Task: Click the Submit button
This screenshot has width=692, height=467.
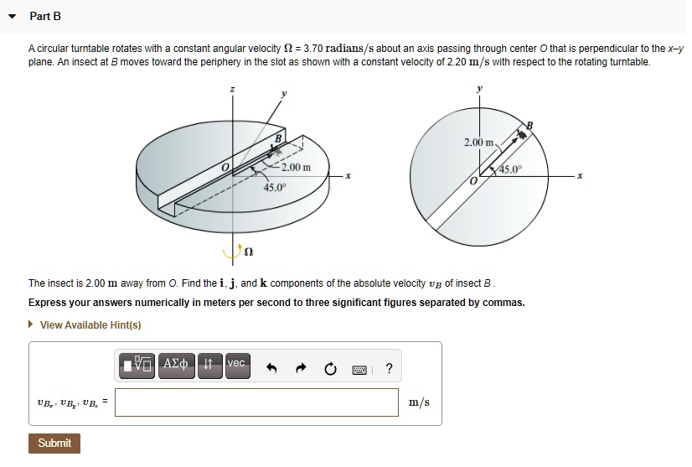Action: pos(54,443)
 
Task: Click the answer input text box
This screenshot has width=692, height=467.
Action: pos(257,402)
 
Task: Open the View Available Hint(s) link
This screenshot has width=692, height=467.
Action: pos(90,325)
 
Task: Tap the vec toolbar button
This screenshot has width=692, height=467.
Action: pos(236,363)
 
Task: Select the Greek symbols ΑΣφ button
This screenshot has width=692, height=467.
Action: pos(177,363)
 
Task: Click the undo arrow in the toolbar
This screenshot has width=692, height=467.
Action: pos(271,368)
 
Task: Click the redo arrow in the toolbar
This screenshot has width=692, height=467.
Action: pos(302,368)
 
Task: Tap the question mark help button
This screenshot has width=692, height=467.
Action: pos(389,368)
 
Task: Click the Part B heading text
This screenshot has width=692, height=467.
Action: pos(45,17)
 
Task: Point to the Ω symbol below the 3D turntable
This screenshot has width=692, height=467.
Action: pos(248,251)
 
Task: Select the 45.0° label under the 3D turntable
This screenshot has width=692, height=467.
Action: pos(276,187)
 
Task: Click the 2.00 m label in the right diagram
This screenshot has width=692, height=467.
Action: pos(481,143)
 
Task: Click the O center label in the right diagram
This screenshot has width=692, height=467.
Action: pos(473,181)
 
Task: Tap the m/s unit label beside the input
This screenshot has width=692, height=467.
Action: pos(419,402)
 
